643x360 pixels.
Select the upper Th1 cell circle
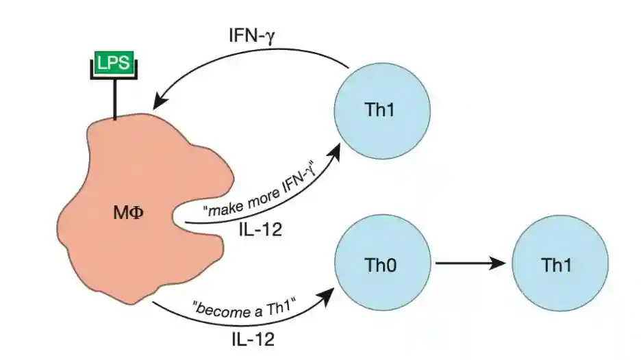(x=381, y=109)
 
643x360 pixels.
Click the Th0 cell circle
(x=381, y=263)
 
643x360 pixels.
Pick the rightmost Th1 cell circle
(x=560, y=263)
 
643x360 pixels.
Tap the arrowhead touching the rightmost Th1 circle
(x=505, y=263)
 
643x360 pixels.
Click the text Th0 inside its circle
(x=381, y=264)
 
